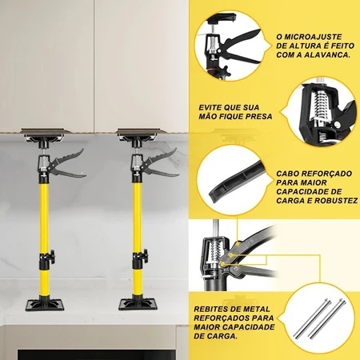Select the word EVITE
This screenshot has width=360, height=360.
click(210, 107)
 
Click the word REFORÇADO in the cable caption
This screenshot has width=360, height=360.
click(325, 174)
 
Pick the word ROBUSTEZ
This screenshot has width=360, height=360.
click(337, 201)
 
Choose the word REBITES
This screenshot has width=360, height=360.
click(210, 310)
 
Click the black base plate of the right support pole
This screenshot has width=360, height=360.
click(138, 304)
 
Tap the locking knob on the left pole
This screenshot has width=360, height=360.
click(52, 257)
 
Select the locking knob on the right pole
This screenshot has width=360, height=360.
click(145, 256)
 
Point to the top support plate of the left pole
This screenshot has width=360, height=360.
click(43, 130)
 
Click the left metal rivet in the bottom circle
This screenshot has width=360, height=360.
click(313, 318)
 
